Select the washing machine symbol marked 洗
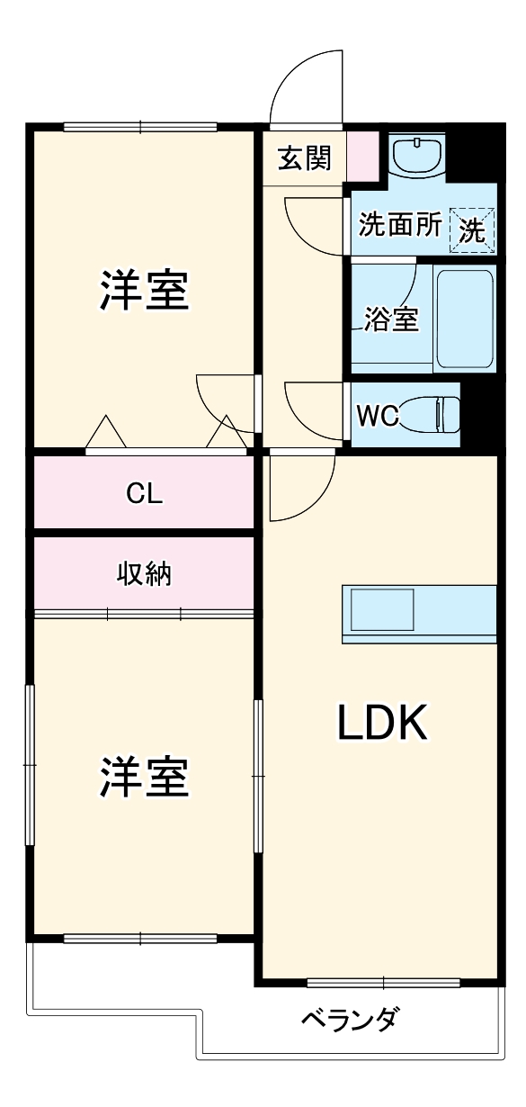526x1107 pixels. coord(472,229)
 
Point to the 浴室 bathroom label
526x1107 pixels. coord(391,319)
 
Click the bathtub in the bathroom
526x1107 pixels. coord(464,317)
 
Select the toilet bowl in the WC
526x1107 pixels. coord(427,414)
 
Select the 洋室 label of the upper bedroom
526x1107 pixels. coord(144,291)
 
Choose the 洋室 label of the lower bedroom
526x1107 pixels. coord(144,777)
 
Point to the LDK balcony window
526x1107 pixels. coord(383,982)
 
